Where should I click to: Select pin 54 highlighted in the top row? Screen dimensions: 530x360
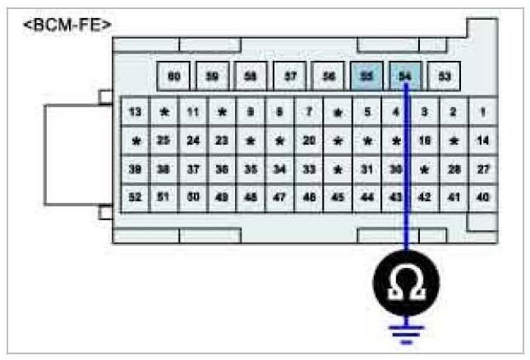pyautogui.click(x=405, y=76)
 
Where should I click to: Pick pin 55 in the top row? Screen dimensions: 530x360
pyautogui.click(x=366, y=76)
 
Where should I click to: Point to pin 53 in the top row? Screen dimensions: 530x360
pyautogui.click(x=445, y=76)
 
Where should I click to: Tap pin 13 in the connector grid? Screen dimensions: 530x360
pyautogui.click(x=136, y=111)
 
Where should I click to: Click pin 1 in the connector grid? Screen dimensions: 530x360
pyautogui.click(x=483, y=111)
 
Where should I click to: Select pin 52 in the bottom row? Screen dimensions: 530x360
pyautogui.click(x=136, y=197)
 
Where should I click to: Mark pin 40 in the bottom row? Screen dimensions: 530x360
pyautogui.click(x=483, y=197)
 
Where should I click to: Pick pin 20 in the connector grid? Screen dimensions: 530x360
pyautogui.click(x=309, y=141)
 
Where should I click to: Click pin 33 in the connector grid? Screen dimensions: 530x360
pyautogui.click(x=309, y=169)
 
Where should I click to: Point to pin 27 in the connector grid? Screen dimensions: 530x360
pyautogui.click(x=483, y=169)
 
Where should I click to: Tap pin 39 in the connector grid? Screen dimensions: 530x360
pyautogui.click(x=136, y=169)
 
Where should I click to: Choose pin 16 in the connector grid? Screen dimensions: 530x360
pyautogui.click(x=425, y=141)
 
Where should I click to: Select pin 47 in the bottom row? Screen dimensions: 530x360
pyautogui.click(x=280, y=197)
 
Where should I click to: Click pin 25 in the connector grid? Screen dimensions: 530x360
pyautogui.click(x=164, y=141)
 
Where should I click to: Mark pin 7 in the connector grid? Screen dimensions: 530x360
pyautogui.click(x=309, y=111)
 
